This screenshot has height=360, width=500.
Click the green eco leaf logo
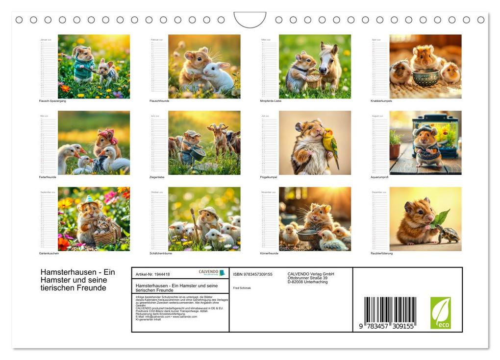(440, 312)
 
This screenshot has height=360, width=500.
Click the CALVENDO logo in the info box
(211, 272)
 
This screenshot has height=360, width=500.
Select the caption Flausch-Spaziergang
(52, 101)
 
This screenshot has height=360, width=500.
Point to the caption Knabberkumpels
(381, 101)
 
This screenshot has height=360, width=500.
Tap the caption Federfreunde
(48, 177)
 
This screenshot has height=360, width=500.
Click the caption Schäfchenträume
(161, 253)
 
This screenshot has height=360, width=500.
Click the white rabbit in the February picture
(219, 76)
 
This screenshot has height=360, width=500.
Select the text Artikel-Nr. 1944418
(152, 274)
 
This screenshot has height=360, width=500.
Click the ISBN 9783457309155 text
(252, 274)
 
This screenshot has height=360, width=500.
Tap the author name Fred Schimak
(241, 288)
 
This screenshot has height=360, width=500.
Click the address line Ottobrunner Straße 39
(307, 278)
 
